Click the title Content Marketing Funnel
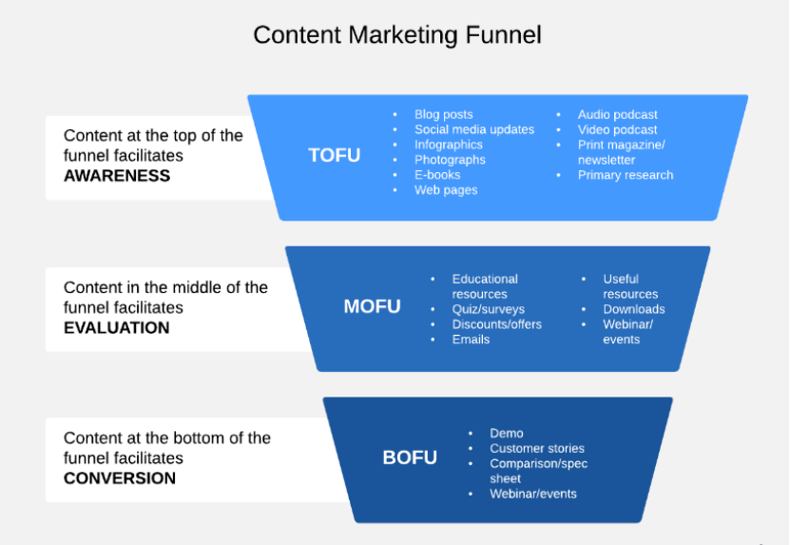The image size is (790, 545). (x=396, y=35)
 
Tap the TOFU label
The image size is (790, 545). (x=335, y=155)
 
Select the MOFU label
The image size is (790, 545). (x=372, y=306)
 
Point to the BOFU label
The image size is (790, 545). (x=410, y=457)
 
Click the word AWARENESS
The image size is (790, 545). (x=117, y=176)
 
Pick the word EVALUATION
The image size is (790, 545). (x=116, y=328)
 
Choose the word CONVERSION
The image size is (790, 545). (x=120, y=478)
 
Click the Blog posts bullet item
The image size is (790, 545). (x=443, y=115)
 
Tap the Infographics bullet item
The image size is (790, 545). (x=448, y=145)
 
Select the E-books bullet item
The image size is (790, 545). (x=437, y=175)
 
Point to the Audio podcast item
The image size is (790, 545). (x=617, y=115)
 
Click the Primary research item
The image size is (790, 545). (x=625, y=175)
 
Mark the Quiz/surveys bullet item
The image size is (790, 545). (x=488, y=309)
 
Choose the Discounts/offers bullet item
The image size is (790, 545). (x=496, y=324)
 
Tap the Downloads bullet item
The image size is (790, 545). (x=633, y=309)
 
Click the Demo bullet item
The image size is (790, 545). (x=507, y=434)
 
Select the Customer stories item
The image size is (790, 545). (x=537, y=449)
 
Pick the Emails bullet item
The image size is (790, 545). (x=471, y=340)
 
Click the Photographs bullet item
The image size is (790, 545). (x=450, y=160)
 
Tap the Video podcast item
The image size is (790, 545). (x=617, y=130)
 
